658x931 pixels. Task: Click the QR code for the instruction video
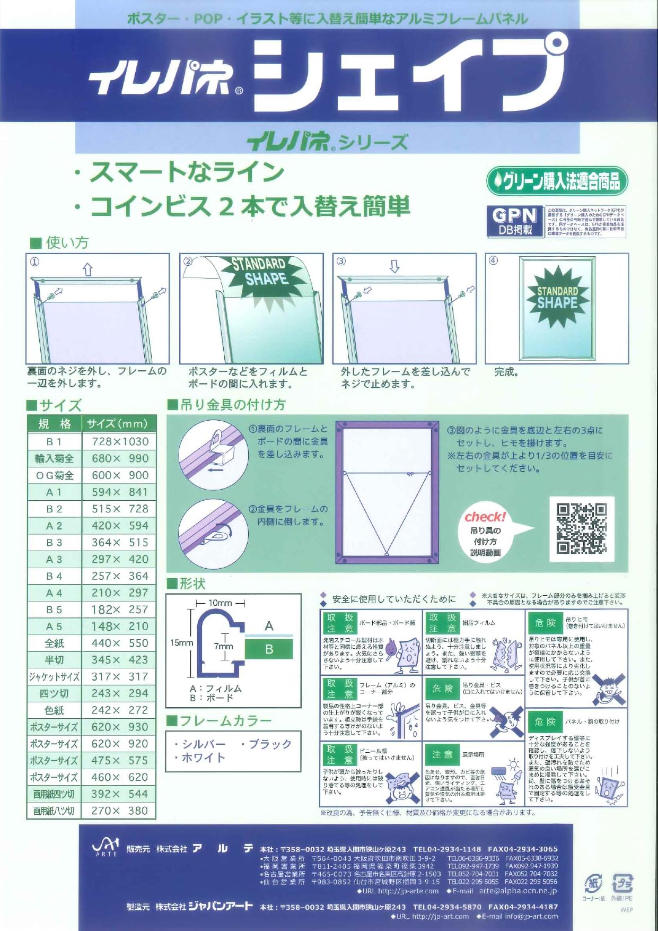point(581,529)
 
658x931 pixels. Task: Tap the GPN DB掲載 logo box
point(515,221)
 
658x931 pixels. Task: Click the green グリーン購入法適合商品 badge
point(557,181)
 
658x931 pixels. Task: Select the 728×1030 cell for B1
point(120,441)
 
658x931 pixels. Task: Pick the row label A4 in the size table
point(54,593)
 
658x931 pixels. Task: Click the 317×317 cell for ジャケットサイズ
point(120,676)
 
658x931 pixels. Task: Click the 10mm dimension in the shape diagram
point(220,603)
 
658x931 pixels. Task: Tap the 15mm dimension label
point(181,642)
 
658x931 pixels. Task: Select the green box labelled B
point(269,649)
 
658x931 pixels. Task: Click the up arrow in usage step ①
point(88,269)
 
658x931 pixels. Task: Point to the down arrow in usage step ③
point(394,266)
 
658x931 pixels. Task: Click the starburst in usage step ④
point(558,298)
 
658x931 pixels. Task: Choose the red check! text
point(485,517)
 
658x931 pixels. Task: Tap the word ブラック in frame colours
point(270,744)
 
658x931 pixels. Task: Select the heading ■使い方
point(59,243)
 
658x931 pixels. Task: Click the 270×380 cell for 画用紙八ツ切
point(120,811)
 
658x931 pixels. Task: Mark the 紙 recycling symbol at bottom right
point(593,884)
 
